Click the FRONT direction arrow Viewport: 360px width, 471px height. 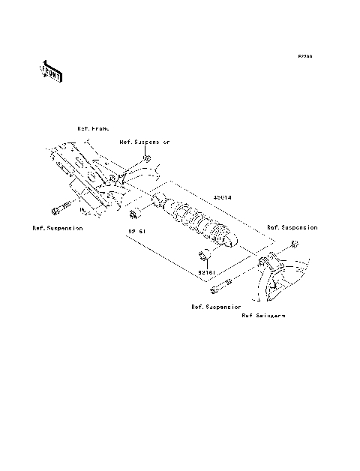point(51,71)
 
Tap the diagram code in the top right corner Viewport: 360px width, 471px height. point(304,56)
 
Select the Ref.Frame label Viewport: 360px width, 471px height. point(94,129)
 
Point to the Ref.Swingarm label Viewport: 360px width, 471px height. point(263,316)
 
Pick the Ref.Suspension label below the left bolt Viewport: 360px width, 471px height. point(58,226)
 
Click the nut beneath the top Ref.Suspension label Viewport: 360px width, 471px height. point(148,159)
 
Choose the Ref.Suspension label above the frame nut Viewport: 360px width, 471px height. point(145,141)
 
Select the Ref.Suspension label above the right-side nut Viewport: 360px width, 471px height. point(292,226)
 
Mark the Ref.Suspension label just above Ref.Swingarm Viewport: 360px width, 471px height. point(215,306)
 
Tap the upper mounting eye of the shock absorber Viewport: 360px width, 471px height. point(159,201)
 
